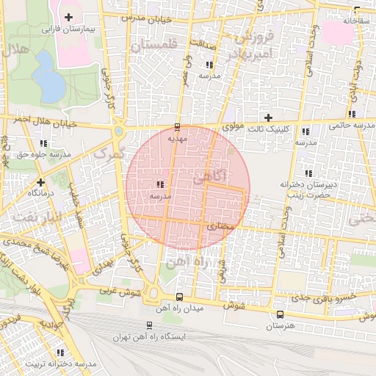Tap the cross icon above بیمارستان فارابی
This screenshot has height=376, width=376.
[x=69, y=17]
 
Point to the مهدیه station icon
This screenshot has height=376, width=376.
[x=178, y=126]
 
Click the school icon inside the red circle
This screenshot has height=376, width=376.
[x=160, y=185]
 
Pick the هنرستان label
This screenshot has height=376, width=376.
[x=279, y=324]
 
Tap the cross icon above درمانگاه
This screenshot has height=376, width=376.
[x=41, y=181]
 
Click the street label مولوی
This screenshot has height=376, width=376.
[x=233, y=126]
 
